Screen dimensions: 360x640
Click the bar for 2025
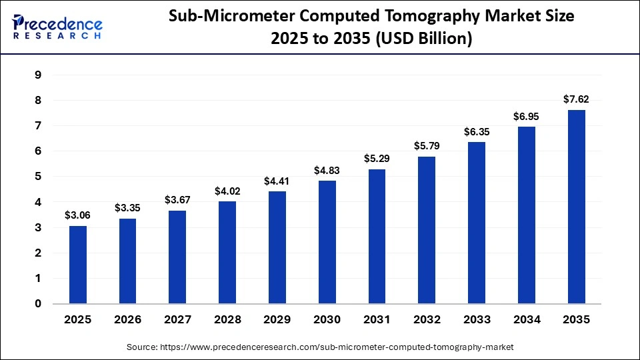pyautogui.click(x=77, y=265)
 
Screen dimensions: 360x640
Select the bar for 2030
pyautogui.click(x=327, y=242)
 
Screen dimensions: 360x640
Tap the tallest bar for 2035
pyautogui.click(x=576, y=207)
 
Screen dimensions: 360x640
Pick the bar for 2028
pyautogui.click(x=227, y=253)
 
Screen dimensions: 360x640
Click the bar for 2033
pyautogui.click(x=476, y=223)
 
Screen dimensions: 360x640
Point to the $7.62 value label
pyautogui.click(x=576, y=99)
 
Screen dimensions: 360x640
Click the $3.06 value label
pyautogui.click(x=77, y=215)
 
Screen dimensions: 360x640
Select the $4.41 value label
pyautogui.click(x=277, y=181)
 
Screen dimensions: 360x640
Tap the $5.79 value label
pyautogui.click(x=427, y=145)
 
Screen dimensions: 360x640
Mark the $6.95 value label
pyautogui.click(x=526, y=116)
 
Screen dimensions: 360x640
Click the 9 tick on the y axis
pyautogui.click(x=38, y=75)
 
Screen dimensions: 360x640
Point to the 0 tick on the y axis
pyautogui.click(x=38, y=304)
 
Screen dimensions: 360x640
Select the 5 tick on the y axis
pyautogui.click(x=38, y=177)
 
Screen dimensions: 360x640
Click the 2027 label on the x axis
pyautogui.click(x=177, y=320)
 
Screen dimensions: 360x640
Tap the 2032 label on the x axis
pyautogui.click(x=427, y=320)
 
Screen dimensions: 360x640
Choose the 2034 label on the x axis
pyautogui.click(x=526, y=320)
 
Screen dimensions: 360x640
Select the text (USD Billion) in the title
pyautogui.click(x=425, y=39)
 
